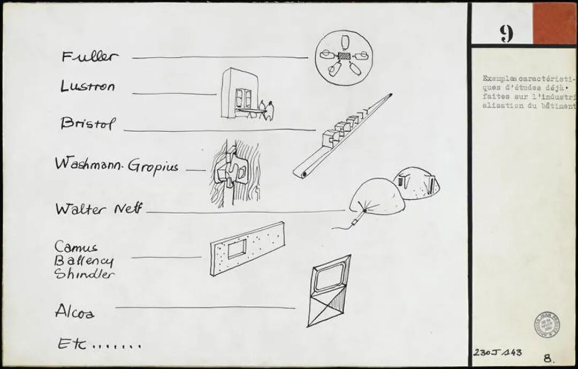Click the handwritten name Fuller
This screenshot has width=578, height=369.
click(89, 56)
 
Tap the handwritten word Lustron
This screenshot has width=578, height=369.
click(87, 86)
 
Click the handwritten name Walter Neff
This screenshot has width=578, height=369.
click(98, 209)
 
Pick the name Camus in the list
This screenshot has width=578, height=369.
click(77, 247)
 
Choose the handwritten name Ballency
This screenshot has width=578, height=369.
click(85, 261)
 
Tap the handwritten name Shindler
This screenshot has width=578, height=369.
click(85, 274)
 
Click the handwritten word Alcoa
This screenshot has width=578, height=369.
click(75, 311)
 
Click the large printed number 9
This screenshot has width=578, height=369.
click(506, 34)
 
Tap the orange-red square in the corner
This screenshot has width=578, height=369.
click(554, 24)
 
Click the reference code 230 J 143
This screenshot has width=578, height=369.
click(497, 352)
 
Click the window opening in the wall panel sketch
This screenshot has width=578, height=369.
click(237, 249)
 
